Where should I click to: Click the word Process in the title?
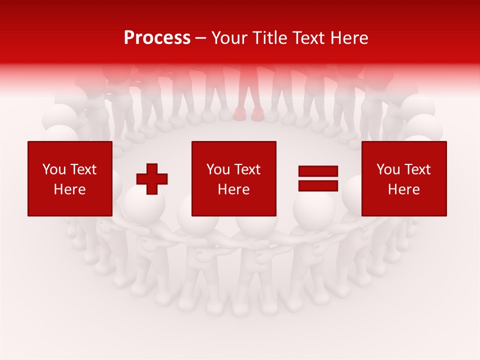157,37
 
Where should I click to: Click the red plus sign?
152,179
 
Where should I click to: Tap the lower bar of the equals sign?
318,185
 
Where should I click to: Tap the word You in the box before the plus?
53,169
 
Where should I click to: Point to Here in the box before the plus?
69,189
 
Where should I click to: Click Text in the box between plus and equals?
247,169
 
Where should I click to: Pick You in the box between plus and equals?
217,169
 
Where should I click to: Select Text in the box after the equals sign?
417,169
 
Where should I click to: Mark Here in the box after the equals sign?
403,189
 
